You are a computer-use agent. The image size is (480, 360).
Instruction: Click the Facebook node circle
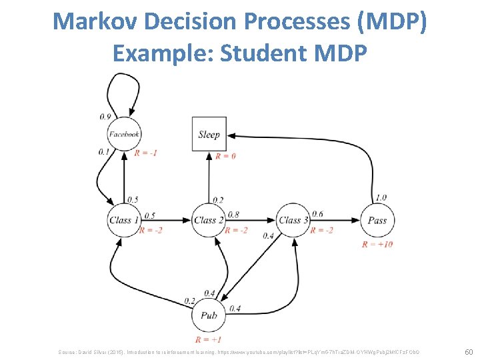[125, 134]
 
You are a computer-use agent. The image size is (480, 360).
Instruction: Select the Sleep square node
[209, 135]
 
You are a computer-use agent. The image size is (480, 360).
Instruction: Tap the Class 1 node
[125, 220]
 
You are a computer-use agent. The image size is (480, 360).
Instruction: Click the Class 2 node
[209, 220]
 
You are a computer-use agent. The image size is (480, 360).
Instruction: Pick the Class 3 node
[293, 220]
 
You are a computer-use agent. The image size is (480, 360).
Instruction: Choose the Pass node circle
[377, 220]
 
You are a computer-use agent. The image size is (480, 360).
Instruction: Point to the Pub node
[209, 315]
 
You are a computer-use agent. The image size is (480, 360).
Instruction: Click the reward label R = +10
[377, 244]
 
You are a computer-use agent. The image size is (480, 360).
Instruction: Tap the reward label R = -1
[145, 153]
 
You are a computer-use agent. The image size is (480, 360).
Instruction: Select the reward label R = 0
[225, 156]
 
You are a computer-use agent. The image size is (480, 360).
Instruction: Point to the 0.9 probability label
[105, 117]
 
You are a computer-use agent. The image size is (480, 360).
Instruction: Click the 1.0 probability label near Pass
[381, 197]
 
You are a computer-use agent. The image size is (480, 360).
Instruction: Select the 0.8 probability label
[233, 215]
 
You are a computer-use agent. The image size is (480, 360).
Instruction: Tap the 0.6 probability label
[317, 214]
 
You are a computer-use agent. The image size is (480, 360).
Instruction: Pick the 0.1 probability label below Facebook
[103, 151]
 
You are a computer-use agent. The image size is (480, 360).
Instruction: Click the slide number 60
[468, 351]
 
